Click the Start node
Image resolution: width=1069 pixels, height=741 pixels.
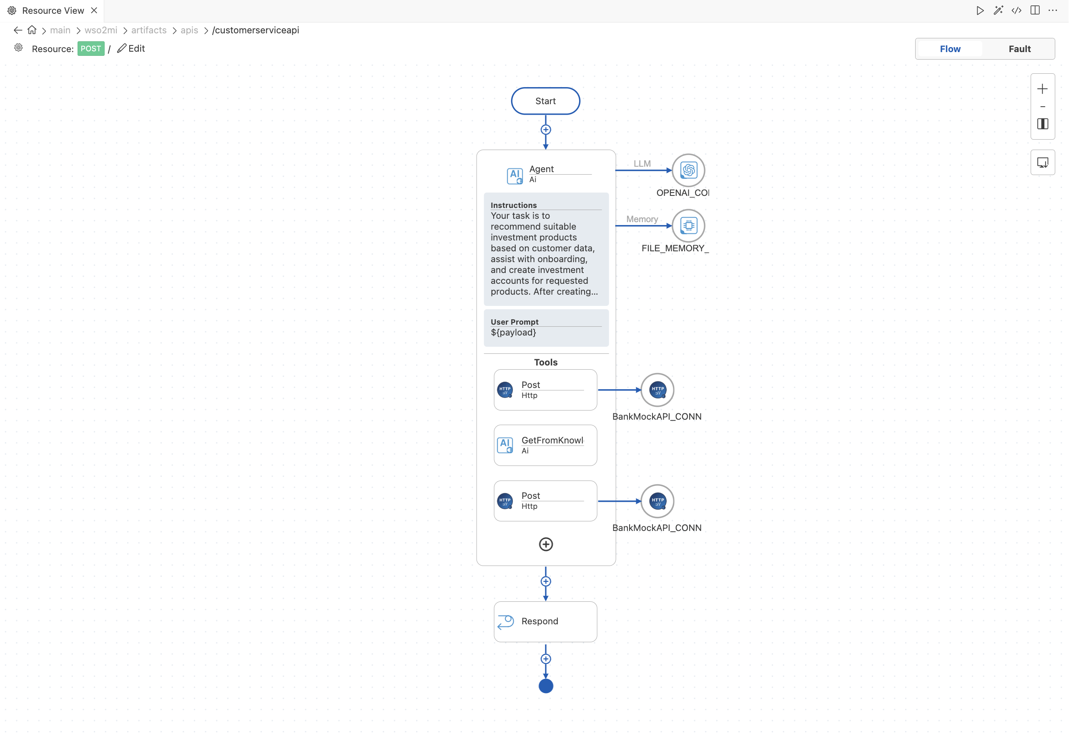coord(545,101)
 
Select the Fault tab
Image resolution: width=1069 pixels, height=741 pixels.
coord(1019,49)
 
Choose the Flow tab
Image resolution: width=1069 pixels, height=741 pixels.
coord(950,49)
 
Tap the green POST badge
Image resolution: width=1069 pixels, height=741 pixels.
coord(90,49)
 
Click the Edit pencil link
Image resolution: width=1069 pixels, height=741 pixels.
coord(131,48)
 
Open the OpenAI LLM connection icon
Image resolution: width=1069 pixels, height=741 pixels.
coord(688,170)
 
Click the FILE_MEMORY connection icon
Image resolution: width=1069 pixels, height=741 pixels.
coord(688,225)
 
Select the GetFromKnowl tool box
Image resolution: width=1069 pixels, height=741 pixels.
coord(545,445)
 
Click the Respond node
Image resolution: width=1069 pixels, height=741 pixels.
coord(545,622)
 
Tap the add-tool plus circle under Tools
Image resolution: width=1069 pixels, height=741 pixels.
coord(546,544)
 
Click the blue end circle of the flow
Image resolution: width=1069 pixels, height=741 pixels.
coord(546,686)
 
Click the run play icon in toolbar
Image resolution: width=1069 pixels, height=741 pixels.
coord(979,10)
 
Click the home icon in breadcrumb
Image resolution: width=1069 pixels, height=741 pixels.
coord(32,30)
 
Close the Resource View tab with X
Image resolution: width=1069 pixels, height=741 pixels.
coord(94,10)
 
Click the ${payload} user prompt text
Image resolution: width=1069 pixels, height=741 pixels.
coord(513,333)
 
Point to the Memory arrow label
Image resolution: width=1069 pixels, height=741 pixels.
coord(642,219)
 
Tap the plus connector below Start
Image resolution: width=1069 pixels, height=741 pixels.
coord(546,130)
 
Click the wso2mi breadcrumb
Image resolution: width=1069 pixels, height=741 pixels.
coord(101,30)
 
